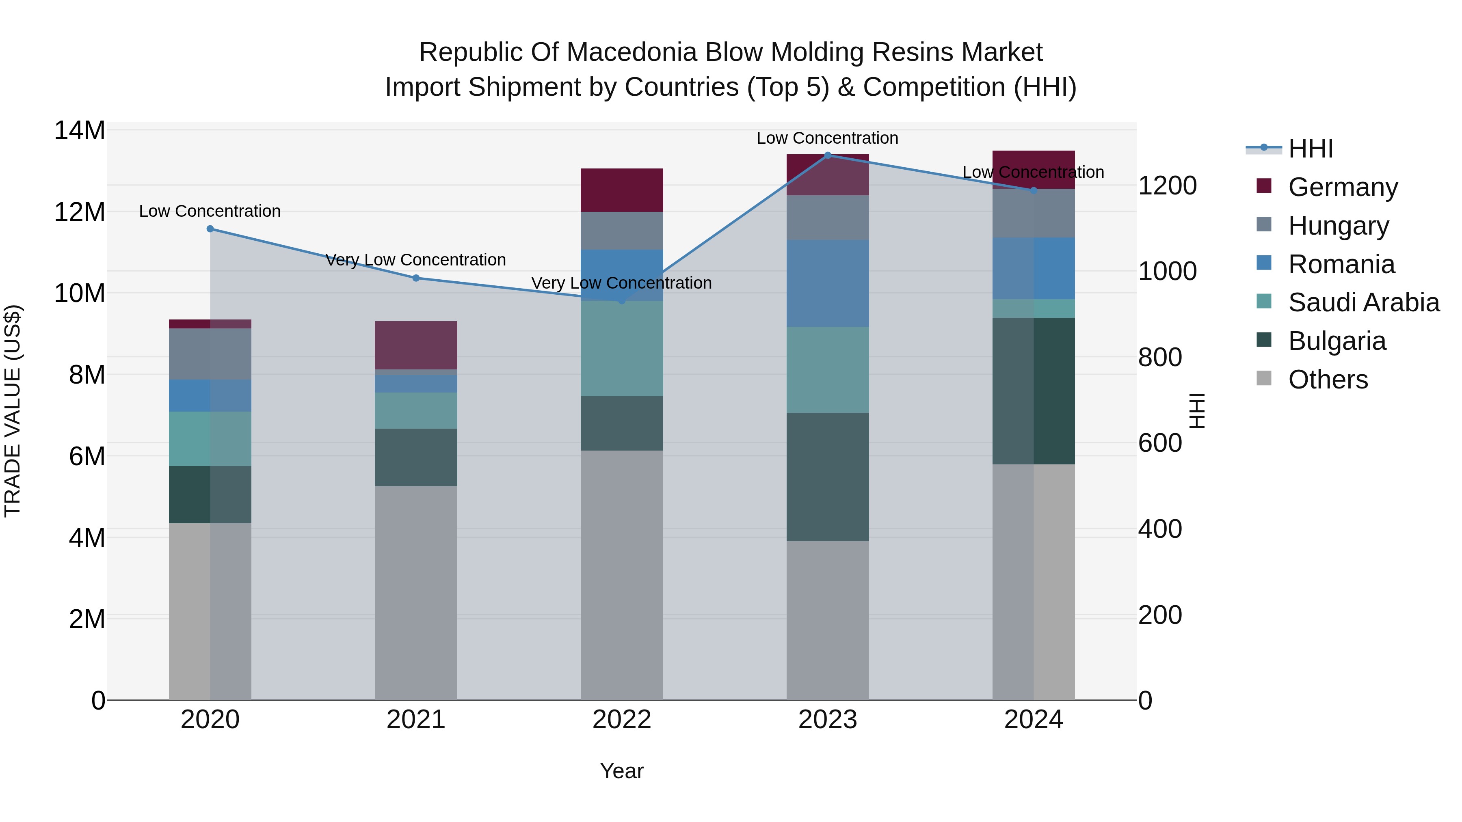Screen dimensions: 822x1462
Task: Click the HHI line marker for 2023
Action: [828, 155]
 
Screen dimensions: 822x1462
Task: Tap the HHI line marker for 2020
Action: [210, 229]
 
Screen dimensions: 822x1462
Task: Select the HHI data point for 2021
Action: [416, 278]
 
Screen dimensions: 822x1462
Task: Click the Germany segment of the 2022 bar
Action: [621, 190]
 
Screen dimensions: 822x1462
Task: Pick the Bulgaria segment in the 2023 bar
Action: [828, 477]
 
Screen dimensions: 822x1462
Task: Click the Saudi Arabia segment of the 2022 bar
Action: [621, 348]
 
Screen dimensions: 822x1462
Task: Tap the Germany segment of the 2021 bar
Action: [416, 345]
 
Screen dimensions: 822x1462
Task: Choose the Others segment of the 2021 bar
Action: [416, 593]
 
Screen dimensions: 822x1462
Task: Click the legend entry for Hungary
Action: [1338, 225]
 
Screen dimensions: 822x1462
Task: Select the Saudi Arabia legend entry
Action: [1363, 302]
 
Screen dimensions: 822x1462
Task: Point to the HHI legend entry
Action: [1310, 149]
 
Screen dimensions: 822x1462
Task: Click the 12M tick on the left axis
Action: [80, 212]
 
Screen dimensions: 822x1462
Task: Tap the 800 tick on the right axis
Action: [1160, 357]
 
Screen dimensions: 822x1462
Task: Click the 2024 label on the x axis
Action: [1033, 720]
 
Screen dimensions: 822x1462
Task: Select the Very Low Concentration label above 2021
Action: [416, 260]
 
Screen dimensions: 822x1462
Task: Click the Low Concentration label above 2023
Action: [828, 138]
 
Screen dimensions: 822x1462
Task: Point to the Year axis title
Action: [621, 771]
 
